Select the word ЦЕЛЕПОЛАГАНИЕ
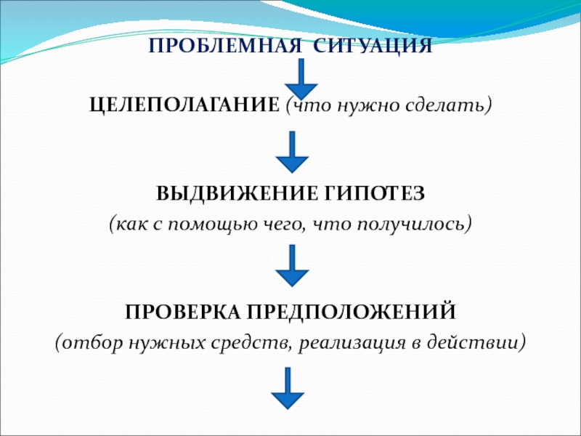click(x=184, y=106)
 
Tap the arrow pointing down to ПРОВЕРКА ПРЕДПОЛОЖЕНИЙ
click(x=293, y=266)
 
